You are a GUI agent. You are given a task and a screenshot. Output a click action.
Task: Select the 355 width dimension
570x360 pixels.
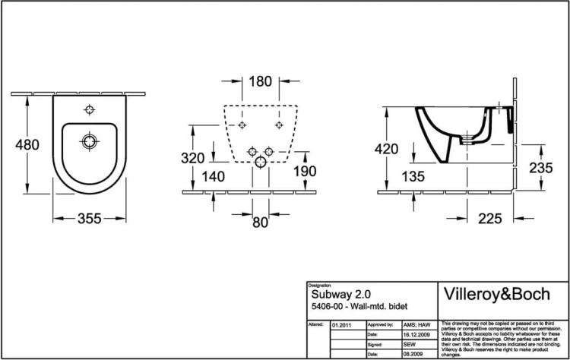(90, 219)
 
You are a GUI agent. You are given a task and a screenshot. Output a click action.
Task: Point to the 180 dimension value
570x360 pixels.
(260, 81)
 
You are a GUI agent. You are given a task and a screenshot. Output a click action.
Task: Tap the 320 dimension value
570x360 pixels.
(193, 158)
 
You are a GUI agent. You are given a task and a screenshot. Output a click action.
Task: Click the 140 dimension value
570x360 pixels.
(214, 176)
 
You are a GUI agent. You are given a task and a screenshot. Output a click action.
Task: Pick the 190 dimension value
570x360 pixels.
(304, 172)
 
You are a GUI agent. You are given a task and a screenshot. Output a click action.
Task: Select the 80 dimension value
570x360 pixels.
(260, 223)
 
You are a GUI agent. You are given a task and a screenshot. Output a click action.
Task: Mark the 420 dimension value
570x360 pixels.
(386, 150)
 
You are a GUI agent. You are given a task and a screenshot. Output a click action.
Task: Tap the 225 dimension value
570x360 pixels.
(490, 219)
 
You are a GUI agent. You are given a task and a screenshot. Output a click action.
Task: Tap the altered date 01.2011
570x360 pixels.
(342, 324)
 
